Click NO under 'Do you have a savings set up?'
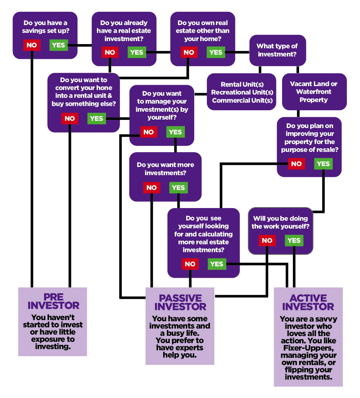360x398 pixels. pyautogui.click(x=32, y=45)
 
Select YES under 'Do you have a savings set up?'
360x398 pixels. pyautogui.click(x=59, y=45)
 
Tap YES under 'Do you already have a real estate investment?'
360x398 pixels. pyautogui.click(x=137, y=53)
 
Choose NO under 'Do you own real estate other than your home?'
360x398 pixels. pyautogui.click(x=189, y=53)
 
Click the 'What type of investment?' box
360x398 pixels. pyautogui.click(x=277, y=50)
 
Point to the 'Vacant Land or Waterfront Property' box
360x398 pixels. pyautogui.click(x=314, y=92)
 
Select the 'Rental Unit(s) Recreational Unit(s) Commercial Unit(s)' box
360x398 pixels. pyautogui.click(x=242, y=92)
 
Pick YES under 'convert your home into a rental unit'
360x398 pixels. pyautogui.click(x=97, y=119)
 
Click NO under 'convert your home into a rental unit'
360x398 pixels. pyautogui.click(x=70, y=119)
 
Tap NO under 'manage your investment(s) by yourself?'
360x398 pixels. pyautogui.click(x=149, y=132)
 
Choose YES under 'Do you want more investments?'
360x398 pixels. pyautogui.click(x=178, y=188)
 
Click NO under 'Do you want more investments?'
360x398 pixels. pyautogui.click(x=152, y=188)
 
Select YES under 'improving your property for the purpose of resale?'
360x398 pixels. pyautogui.click(x=323, y=164)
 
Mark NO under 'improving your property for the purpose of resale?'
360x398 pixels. pyautogui.click(x=296, y=164)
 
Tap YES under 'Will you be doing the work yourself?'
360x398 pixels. pyautogui.click(x=294, y=241)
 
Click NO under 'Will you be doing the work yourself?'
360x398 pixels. pyautogui.click(x=267, y=241)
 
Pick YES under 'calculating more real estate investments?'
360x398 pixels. pyautogui.click(x=217, y=264)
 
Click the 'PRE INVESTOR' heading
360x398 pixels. pyautogui.click(x=53, y=301)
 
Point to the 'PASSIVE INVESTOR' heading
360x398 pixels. pyautogui.click(x=180, y=303)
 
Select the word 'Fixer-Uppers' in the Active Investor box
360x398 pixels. pyautogui.click(x=308, y=348)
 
